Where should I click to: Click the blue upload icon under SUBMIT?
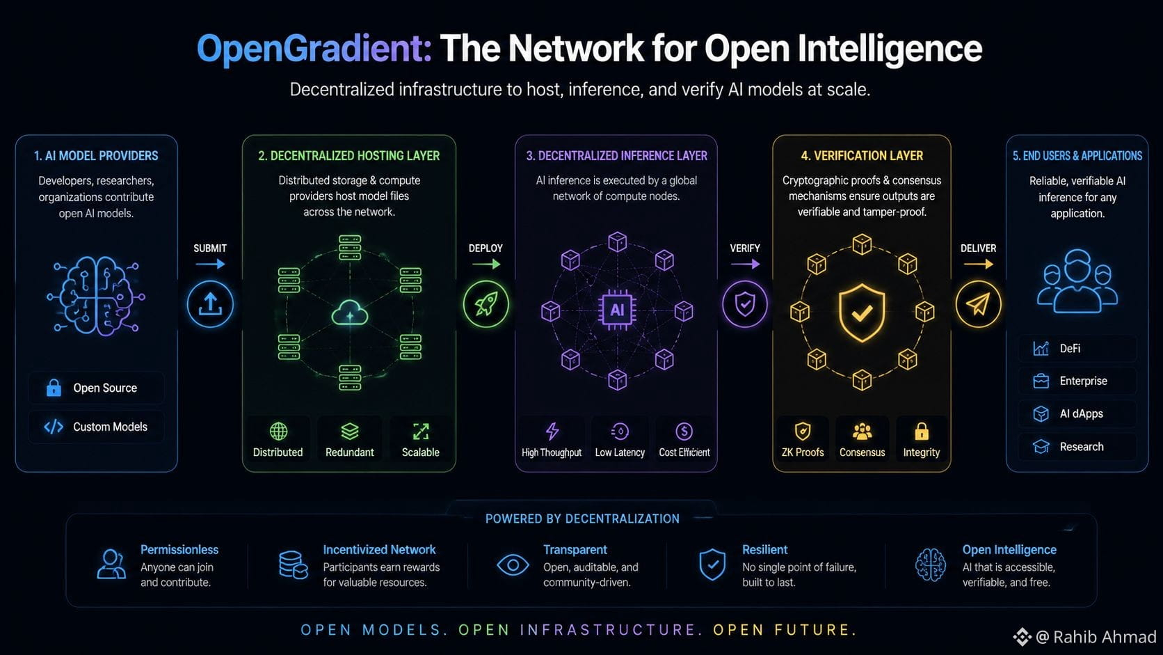210,304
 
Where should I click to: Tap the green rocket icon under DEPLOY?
486,304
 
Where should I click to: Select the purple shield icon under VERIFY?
745,304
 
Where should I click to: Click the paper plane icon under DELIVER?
979,304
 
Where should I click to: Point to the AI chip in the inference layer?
617,310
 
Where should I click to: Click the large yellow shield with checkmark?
862,313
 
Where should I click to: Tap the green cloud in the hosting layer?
350,313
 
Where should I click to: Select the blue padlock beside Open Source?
54,388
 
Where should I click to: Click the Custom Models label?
110,427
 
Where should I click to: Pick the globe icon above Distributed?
279,431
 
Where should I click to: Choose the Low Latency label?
620,452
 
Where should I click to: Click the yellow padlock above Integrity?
922,431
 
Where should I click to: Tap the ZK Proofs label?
803,452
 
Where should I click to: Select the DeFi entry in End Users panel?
1070,349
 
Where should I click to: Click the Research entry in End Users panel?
1082,447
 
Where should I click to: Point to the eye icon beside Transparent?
513,565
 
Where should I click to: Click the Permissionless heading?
179,550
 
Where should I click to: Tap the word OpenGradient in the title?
314,49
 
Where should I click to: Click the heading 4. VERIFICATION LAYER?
862,156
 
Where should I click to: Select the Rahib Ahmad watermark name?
1105,637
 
